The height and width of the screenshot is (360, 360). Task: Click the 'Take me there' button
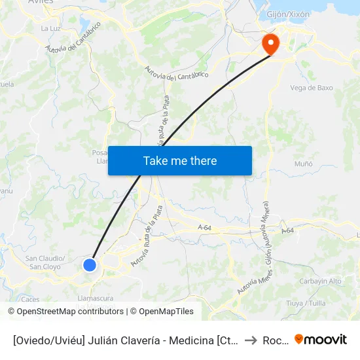[179, 160]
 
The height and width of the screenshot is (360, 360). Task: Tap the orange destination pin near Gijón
[270, 45]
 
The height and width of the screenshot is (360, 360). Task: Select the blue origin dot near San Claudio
[90, 264]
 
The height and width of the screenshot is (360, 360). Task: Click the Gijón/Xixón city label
[289, 14]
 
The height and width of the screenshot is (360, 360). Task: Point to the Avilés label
[41, 2]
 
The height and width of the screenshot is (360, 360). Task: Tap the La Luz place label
[50, 28]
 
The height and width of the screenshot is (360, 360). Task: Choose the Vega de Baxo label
[311, 88]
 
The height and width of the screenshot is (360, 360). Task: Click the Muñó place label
[303, 164]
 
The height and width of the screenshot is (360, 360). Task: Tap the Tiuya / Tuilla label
[306, 303]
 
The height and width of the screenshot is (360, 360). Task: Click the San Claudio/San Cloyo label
[45, 262]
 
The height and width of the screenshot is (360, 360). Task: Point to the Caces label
[30, 299]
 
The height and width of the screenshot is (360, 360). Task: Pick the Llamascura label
[96, 298]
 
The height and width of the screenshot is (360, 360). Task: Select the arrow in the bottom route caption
[251, 340]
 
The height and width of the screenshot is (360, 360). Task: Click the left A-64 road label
[204, 228]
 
